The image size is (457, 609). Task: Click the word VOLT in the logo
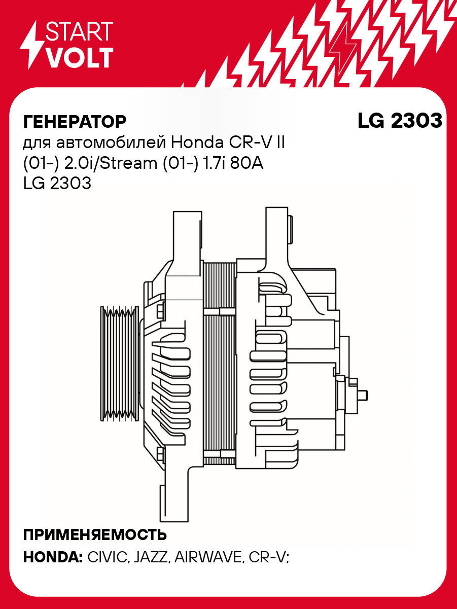click(x=80, y=58)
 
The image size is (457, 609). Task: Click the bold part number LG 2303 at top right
click(x=400, y=121)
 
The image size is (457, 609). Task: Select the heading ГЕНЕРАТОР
click(x=75, y=122)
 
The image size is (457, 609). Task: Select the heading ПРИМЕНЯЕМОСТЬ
click(x=95, y=535)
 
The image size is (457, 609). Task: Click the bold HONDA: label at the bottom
click(x=53, y=557)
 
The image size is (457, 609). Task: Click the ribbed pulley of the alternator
click(x=120, y=364)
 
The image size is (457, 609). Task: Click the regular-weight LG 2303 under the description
click(x=57, y=184)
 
